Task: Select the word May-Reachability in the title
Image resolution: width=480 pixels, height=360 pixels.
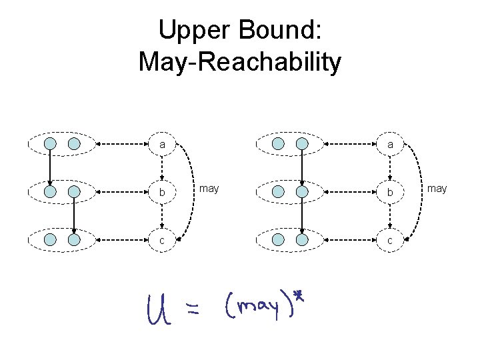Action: [x=240, y=62]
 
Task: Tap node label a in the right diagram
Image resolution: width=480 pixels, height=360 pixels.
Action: [x=390, y=144]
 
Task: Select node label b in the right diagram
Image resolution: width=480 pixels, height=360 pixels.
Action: [x=390, y=193]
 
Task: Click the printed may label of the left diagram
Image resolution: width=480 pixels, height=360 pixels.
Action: [x=209, y=189]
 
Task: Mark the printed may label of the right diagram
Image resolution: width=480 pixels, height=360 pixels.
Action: [x=437, y=189]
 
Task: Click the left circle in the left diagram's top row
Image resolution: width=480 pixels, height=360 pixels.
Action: [x=50, y=143]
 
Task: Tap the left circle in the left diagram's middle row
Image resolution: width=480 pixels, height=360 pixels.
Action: [x=50, y=192]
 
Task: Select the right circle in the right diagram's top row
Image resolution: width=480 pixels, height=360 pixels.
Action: [x=302, y=143]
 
